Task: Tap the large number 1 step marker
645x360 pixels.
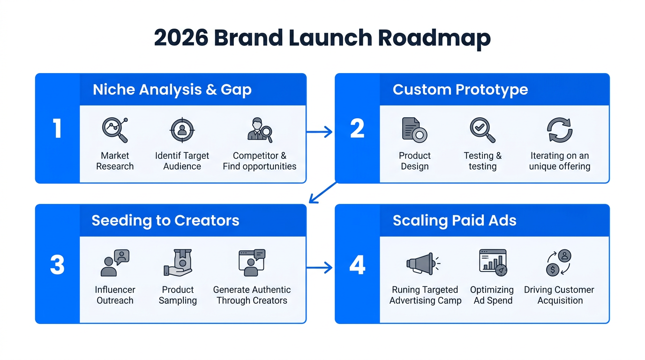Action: click(x=57, y=128)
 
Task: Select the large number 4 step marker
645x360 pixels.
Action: click(x=357, y=265)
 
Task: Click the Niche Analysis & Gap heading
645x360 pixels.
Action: click(x=172, y=90)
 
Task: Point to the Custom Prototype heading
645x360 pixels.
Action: click(x=460, y=90)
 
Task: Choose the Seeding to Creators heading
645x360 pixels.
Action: click(x=165, y=220)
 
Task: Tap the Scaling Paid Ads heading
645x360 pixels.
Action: click(x=454, y=220)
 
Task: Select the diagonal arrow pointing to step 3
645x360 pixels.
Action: click(x=322, y=193)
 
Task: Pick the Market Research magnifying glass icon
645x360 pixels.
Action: click(x=115, y=130)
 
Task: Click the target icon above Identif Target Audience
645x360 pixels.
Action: click(x=182, y=130)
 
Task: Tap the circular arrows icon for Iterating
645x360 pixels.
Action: click(x=560, y=130)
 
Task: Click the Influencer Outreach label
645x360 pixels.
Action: click(x=115, y=295)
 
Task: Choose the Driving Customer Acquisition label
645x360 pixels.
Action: click(x=559, y=295)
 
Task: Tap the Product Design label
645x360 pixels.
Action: click(x=414, y=161)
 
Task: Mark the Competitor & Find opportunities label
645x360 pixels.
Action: click(x=259, y=161)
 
